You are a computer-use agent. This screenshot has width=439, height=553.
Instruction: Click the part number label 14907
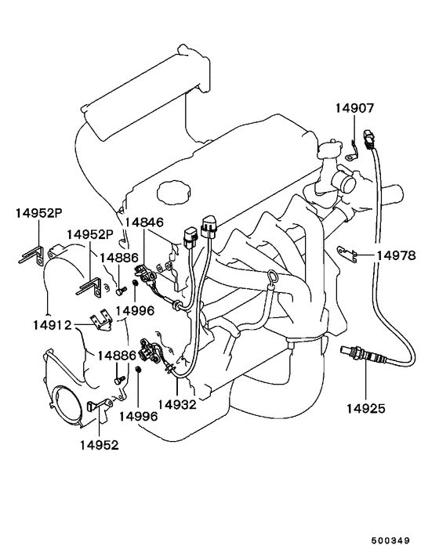[x=354, y=108]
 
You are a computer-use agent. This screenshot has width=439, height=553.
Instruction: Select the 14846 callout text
[x=144, y=222]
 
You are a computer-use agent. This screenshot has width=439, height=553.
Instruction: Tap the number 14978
[x=397, y=255]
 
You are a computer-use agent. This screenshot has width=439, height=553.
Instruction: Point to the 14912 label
[x=53, y=325]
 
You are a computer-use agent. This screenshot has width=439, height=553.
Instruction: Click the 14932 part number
[x=177, y=404]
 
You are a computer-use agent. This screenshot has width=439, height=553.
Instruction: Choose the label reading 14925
[x=365, y=408]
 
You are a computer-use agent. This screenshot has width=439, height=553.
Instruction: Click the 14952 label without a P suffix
[x=99, y=445]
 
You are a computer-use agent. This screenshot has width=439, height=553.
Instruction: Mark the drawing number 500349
[x=390, y=540]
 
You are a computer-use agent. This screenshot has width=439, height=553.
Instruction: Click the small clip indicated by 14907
[x=351, y=152]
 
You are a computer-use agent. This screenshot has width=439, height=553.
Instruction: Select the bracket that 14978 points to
[x=347, y=253]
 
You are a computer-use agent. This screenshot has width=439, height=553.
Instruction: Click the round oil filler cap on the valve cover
[x=173, y=193]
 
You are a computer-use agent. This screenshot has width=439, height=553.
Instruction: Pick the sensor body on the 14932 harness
[x=147, y=351]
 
